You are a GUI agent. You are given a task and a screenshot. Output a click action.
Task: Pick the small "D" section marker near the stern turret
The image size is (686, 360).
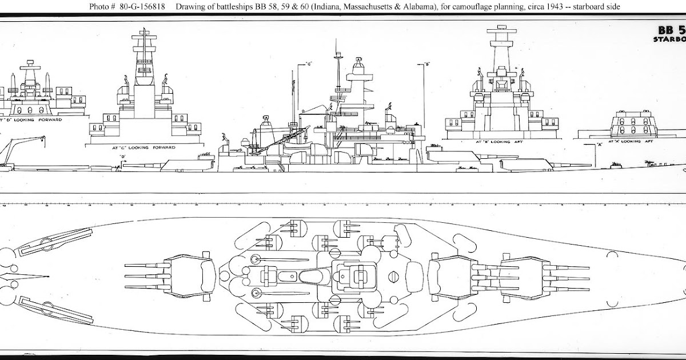click(122, 156)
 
